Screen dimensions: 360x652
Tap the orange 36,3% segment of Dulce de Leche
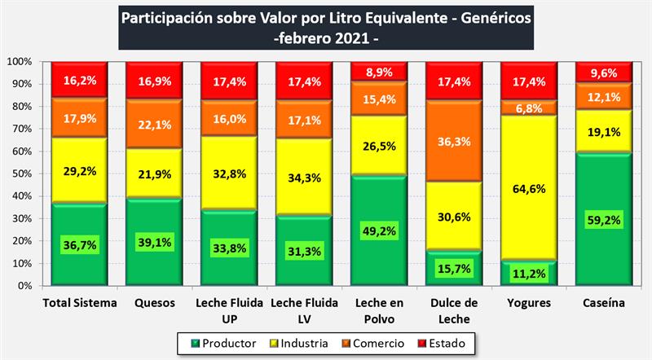coord(452,141)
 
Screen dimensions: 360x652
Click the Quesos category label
coord(153,303)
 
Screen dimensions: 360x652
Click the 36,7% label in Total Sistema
coord(78,244)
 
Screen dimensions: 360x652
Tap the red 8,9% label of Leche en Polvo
coord(377,72)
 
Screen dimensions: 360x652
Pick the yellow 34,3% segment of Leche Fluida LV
coord(302,178)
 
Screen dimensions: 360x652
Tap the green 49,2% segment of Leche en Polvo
coord(377,230)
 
